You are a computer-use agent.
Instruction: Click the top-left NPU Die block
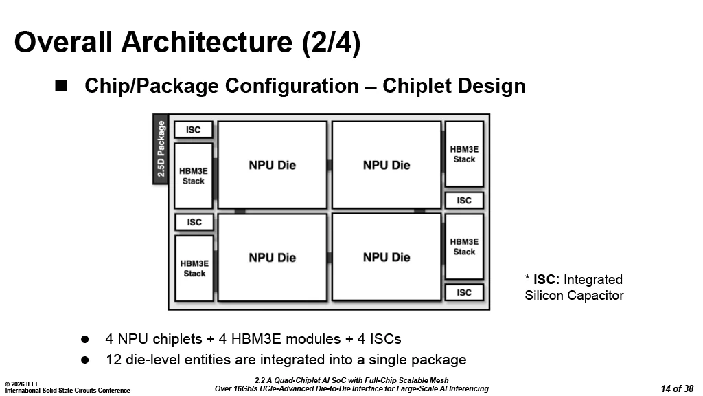coord(273,165)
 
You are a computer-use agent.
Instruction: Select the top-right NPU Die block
coord(387,165)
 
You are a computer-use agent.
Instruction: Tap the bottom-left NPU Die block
coord(273,257)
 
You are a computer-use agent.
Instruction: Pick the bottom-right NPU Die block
coord(387,257)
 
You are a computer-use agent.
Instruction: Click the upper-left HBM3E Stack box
coord(194,176)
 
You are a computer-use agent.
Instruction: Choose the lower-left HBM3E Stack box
coord(194,268)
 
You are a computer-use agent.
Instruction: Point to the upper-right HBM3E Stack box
coord(464,154)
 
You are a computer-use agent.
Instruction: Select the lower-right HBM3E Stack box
coord(464,246)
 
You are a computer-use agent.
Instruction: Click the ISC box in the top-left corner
coord(194,130)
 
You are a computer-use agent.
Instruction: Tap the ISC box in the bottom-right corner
coord(464,292)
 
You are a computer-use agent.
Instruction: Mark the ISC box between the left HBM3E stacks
coord(194,222)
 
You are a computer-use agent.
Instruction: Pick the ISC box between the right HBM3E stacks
coord(464,200)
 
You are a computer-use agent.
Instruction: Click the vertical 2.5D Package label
coord(161,149)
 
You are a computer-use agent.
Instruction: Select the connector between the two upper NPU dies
coord(330,165)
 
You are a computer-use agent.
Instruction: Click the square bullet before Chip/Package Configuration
coord(61,85)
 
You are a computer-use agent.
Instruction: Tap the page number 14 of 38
coord(677,388)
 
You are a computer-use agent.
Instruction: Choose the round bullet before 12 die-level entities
coord(86,359)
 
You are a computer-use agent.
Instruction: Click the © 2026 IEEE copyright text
coord(22,384)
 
